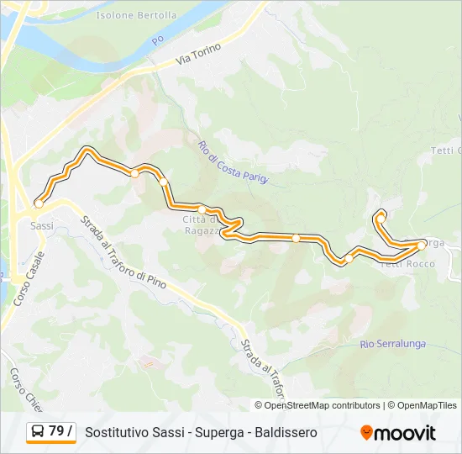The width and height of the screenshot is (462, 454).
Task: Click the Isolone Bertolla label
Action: coord(136,15)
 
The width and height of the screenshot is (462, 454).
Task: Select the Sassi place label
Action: coord(41,225)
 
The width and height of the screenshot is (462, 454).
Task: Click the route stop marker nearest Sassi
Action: coord(39,203)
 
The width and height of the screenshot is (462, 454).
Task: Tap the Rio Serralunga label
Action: coord(392,344)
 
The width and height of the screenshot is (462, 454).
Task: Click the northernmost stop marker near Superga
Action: coord(381,218)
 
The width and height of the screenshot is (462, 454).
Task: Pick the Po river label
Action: coord(157,40)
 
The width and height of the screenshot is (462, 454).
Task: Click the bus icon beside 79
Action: coord(38,432)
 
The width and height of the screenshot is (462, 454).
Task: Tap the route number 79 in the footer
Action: coord(56,431)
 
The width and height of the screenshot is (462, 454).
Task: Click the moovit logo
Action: coord(398,433)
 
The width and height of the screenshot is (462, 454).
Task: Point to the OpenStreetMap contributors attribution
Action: coord(318,405)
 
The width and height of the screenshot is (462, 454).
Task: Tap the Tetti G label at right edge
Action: coord(446,150)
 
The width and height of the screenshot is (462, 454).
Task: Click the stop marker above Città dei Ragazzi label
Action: coord(202,209)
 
